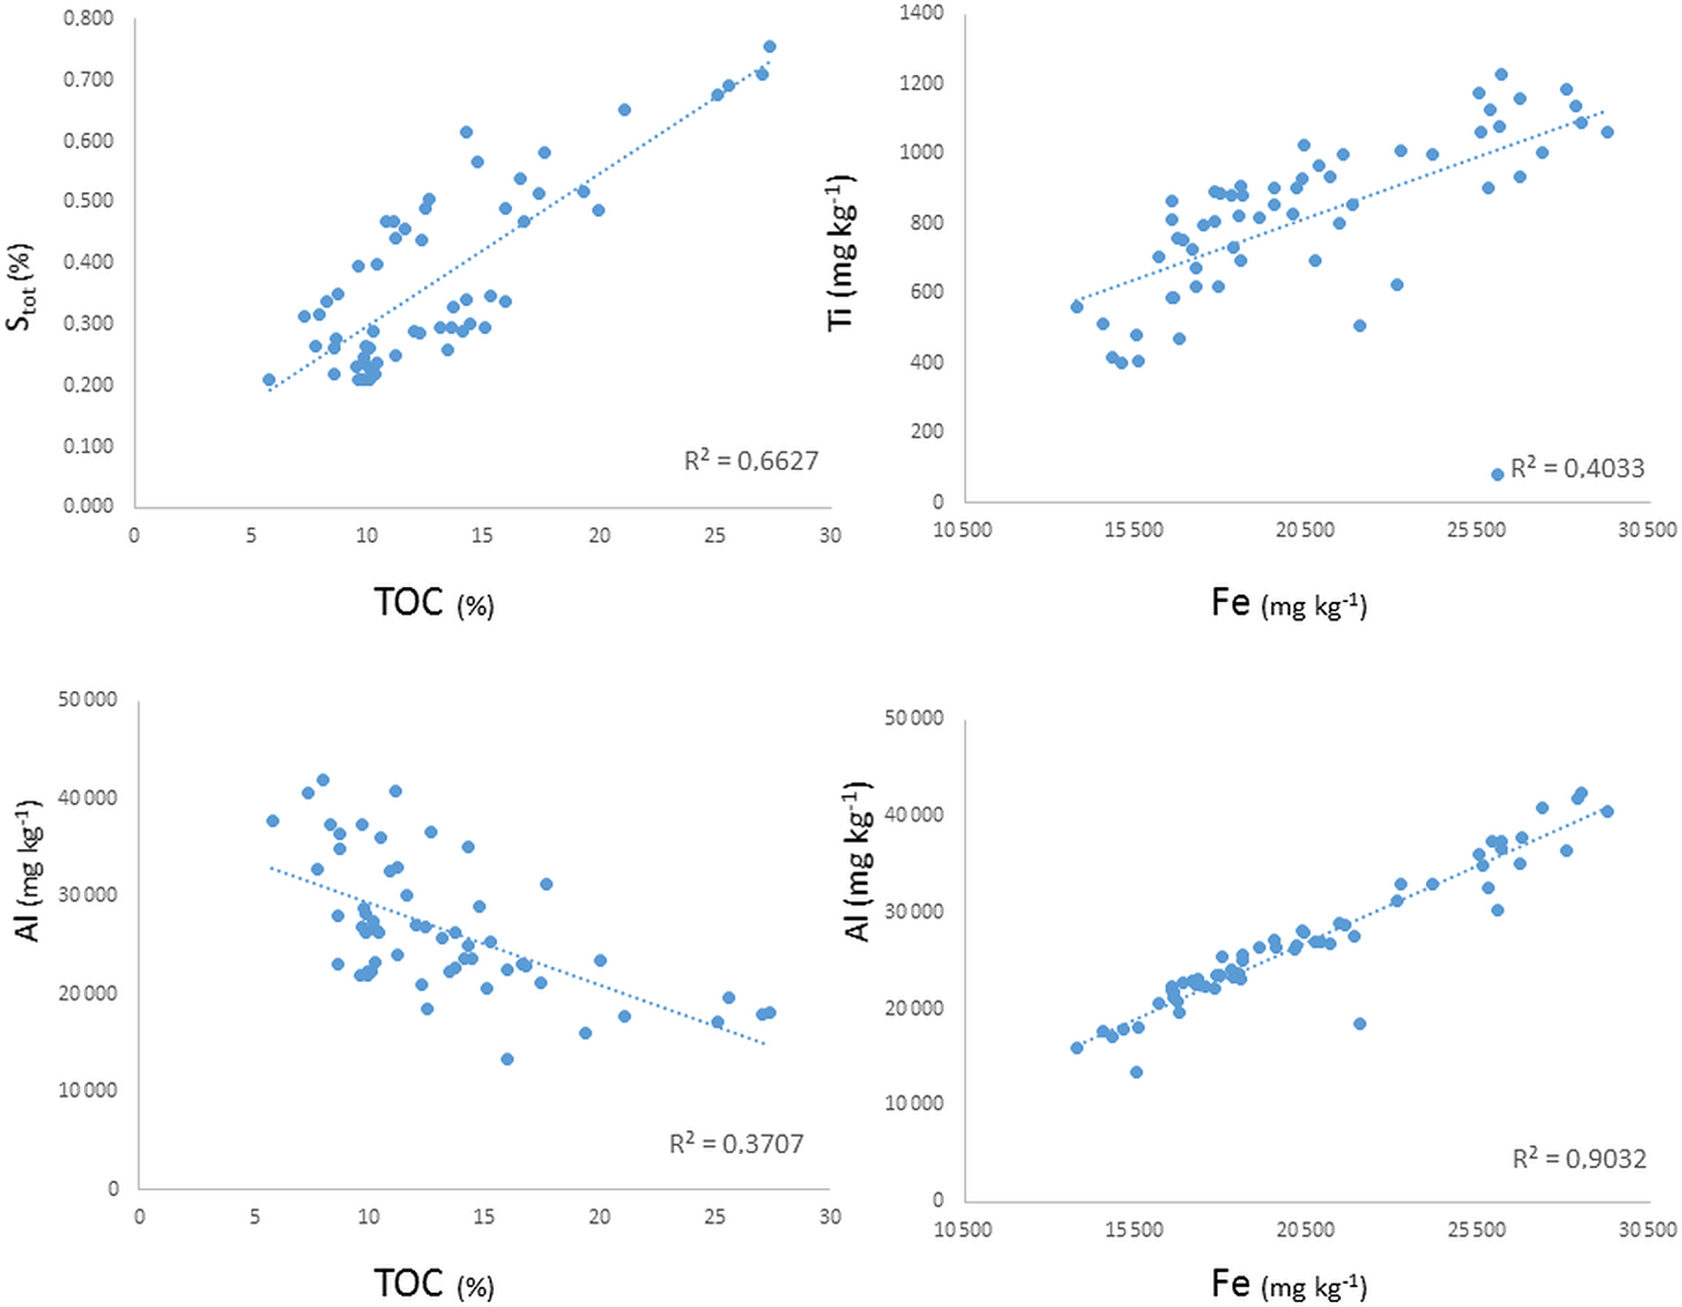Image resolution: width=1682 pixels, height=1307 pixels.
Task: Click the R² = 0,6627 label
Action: click(x=750, y=461)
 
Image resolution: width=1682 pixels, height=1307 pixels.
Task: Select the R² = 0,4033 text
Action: click(x=1577, y=468)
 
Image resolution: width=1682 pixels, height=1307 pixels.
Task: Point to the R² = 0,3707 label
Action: click(x=736, y=1143)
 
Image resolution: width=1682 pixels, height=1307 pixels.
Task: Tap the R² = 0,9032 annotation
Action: click(x=1579, y=1158)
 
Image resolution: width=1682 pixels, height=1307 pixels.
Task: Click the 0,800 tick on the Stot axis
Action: click(x=89, y=18)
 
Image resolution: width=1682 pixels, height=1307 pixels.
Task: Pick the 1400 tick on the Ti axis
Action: click(x=922, y=13)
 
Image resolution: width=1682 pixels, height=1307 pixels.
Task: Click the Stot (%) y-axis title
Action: click(x=20, y=286)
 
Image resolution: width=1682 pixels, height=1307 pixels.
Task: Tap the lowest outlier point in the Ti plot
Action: click(x=1497, y=474)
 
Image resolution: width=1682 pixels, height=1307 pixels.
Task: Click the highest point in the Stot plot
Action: click(x=770, y=46)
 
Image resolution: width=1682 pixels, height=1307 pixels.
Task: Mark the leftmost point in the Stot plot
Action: click(x=269, y=380)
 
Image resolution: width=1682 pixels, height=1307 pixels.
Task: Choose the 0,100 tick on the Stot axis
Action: click(x=89, y=446)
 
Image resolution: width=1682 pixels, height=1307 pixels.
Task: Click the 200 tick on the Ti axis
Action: click(x=927, y=431)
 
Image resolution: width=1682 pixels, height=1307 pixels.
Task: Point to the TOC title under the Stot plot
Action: click(x=433, y=603)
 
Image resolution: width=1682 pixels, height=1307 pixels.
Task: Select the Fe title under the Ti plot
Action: click(x=1288, y=603)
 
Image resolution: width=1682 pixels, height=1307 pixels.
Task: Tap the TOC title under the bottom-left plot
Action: click(x=433, y=1283)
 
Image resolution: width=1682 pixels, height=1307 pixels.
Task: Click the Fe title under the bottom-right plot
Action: click(x=1288, y=1283)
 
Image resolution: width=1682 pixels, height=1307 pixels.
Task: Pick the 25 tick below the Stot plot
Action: click(x=714, y=535)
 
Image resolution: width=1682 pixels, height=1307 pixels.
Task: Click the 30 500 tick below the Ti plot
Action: click(x=1647, y=531)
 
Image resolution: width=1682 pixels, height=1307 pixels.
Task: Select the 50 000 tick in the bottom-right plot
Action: click(x=914, y=718)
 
